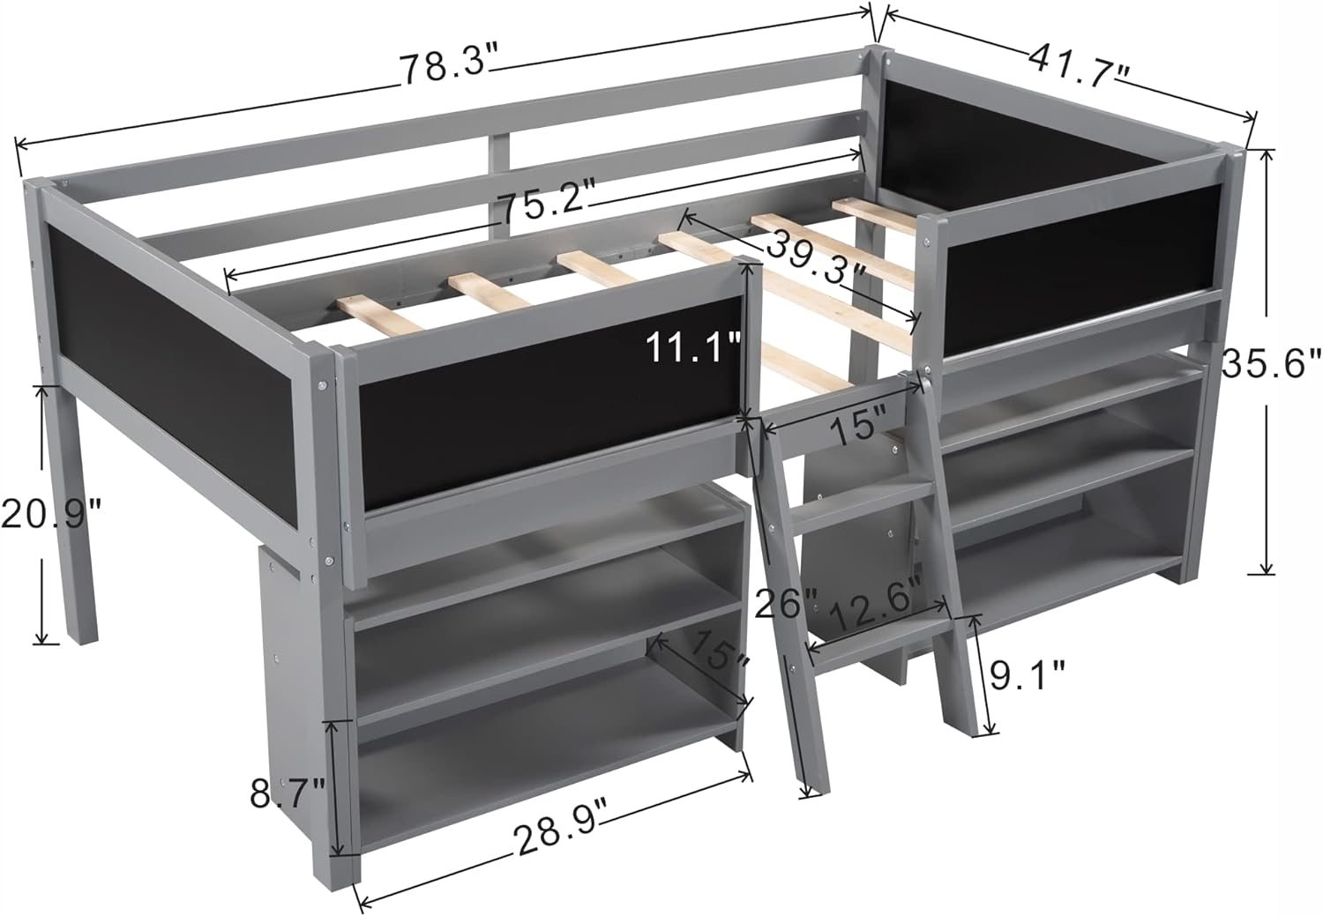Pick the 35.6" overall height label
coord(1271,362)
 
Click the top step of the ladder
coord(860,503)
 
